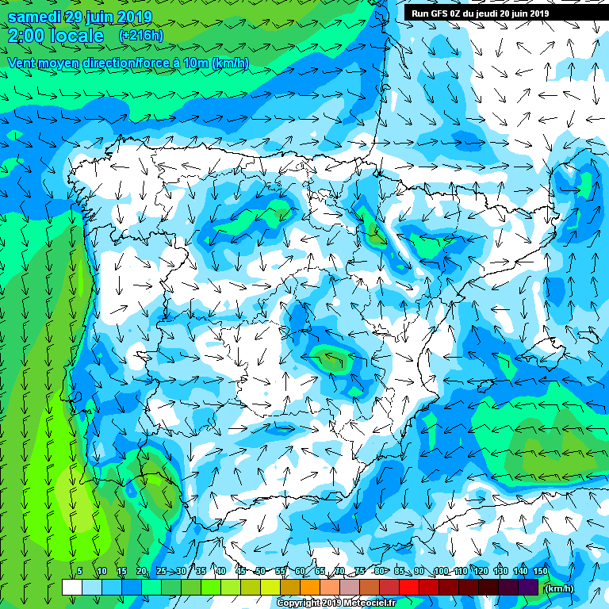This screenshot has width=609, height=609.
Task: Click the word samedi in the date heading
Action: [x=34, y=17]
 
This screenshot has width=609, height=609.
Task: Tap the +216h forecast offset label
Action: [x=140, y=36]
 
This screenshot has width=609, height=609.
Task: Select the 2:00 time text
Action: [x=25, y=36]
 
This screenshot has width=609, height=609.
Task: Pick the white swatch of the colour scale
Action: [x=71, y=588]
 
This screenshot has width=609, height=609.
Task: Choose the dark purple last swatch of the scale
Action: [x=527, y=588]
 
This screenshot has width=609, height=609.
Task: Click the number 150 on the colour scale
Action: [x=540, y=572]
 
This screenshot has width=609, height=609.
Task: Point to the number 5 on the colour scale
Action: [x=80, y=572]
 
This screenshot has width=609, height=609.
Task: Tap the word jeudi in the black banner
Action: [x=484, y=13]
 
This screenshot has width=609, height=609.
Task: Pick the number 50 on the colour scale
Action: [x=260, y=572]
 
